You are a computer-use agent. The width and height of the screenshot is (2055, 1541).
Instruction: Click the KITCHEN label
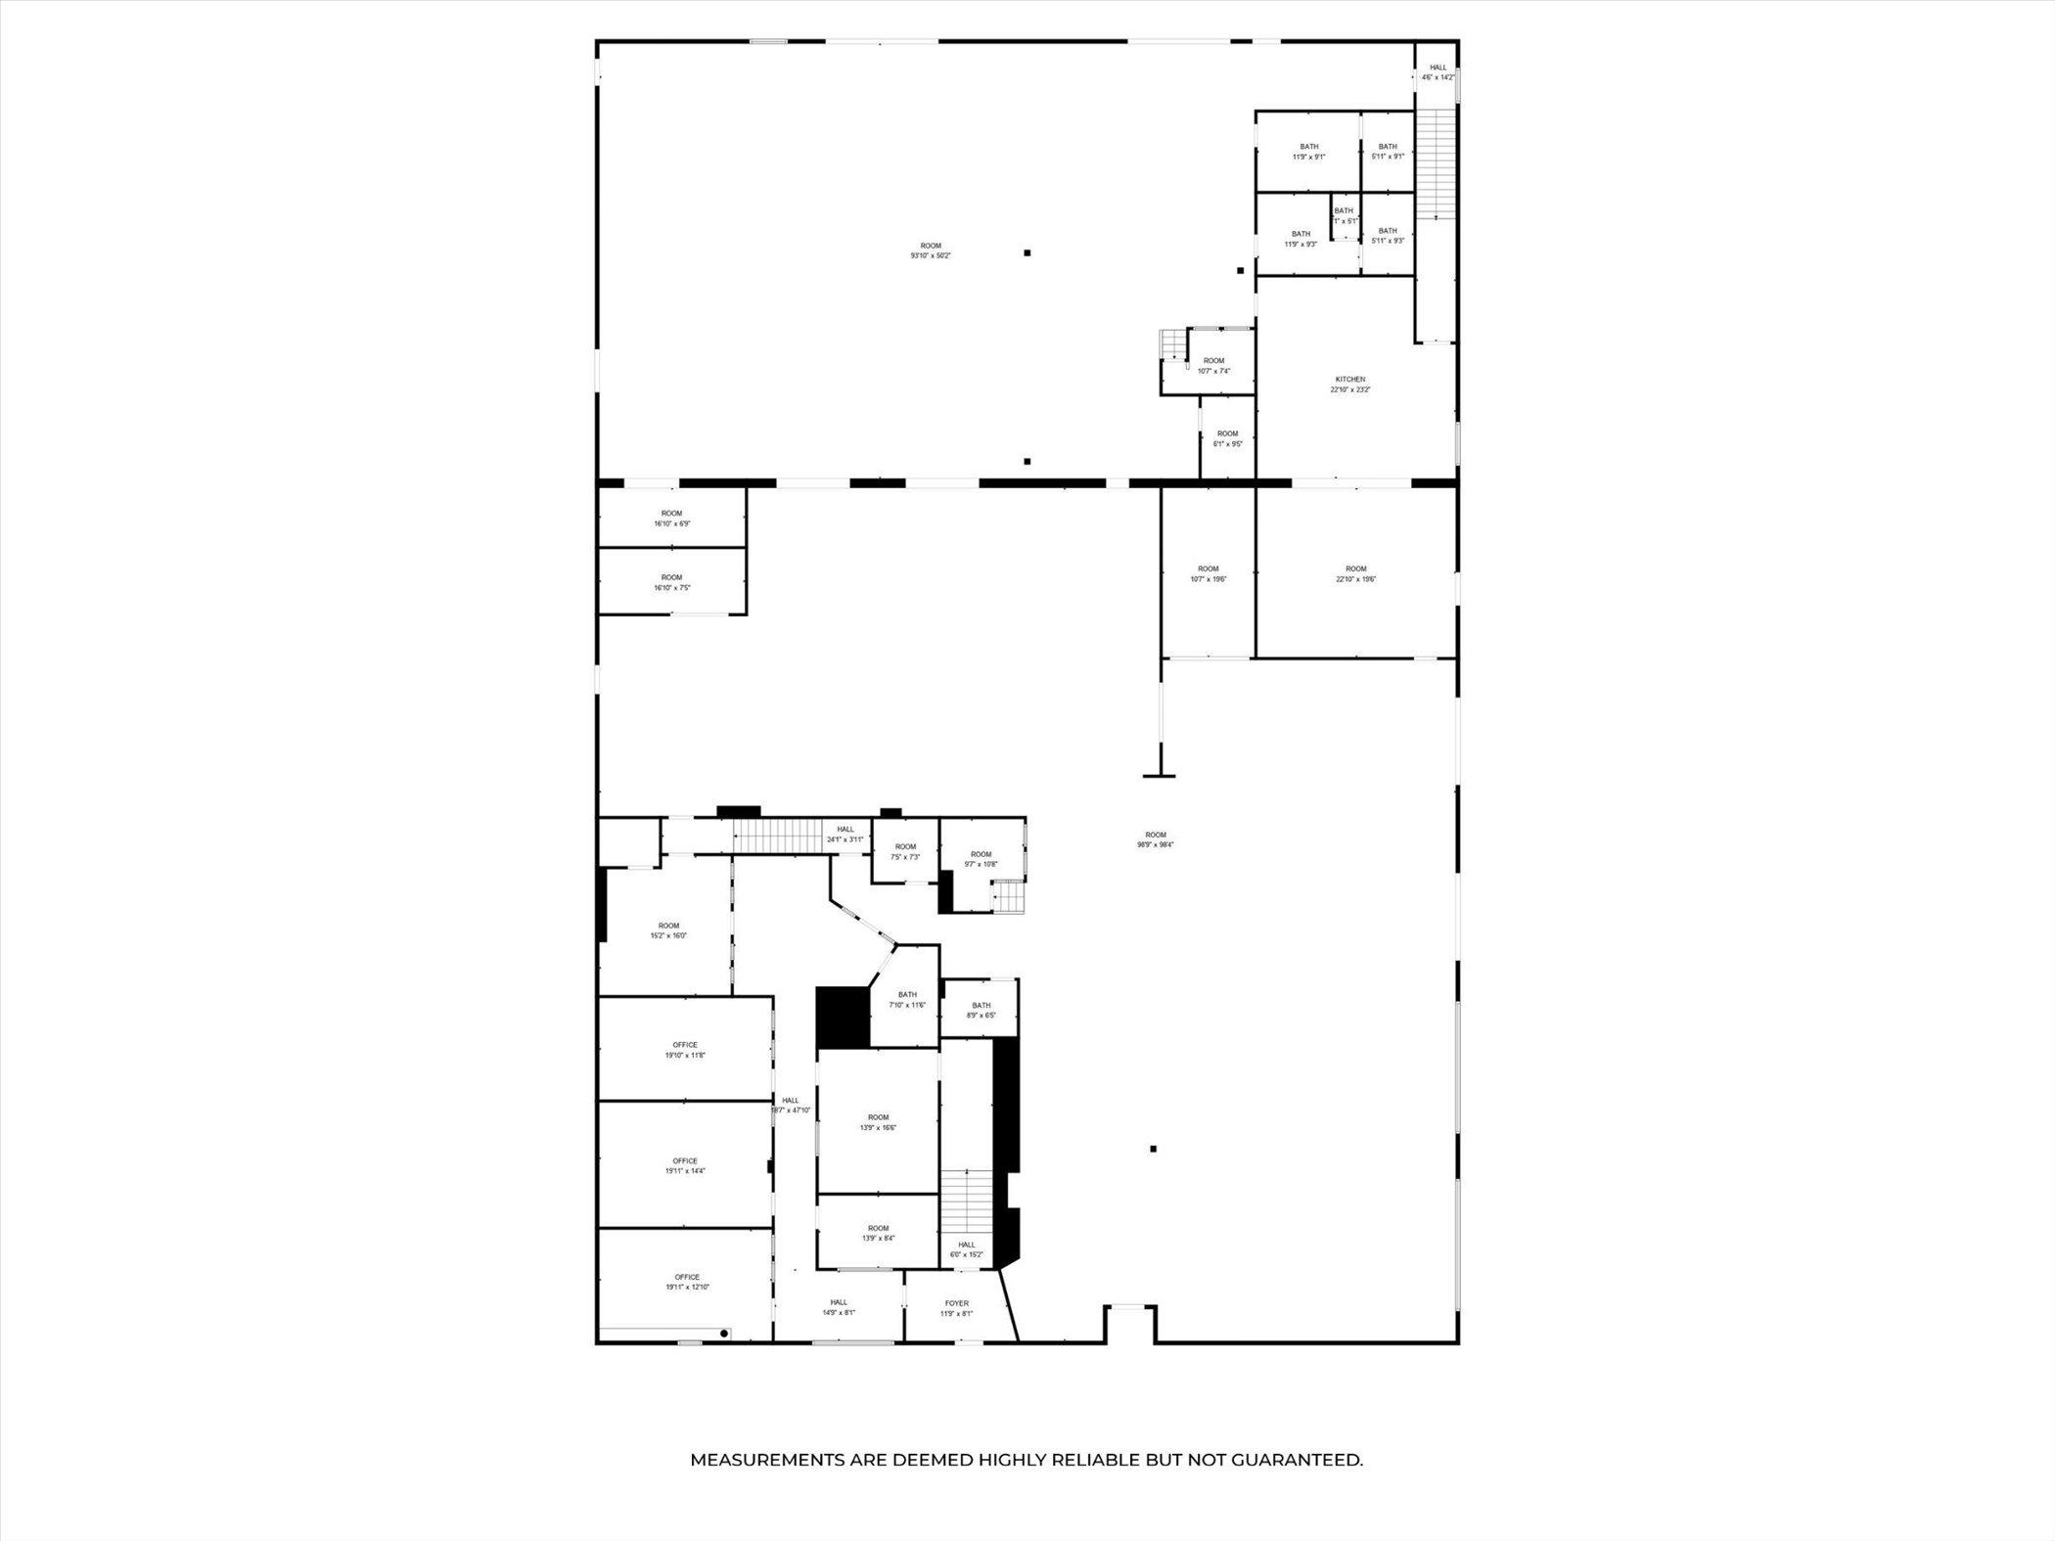(1349, 385)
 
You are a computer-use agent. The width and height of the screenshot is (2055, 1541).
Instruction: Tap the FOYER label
(956, 1308)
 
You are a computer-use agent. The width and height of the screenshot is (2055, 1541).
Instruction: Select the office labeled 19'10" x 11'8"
(685, 1050)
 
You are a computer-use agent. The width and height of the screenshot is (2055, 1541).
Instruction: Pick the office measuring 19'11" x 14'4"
(685, 1165)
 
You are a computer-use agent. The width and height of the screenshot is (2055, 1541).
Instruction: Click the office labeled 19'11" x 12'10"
(687, 1282)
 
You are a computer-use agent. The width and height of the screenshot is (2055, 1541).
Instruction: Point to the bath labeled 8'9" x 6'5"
(981, 1010)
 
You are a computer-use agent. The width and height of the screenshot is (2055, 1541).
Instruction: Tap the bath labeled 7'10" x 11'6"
(907, 1000)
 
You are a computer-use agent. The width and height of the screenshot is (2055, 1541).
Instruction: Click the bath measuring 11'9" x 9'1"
(1308, 152)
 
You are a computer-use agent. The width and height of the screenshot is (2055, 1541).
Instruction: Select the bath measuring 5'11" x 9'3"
(1388, 236)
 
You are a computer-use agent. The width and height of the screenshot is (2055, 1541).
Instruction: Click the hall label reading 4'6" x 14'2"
(1438, 72)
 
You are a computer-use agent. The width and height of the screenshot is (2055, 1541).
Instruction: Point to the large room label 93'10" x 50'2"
(930, 250)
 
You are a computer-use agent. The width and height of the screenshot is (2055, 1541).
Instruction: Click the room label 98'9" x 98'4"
(1155, 839)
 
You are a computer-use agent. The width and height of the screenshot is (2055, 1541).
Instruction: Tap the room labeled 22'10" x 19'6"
(1355, 573)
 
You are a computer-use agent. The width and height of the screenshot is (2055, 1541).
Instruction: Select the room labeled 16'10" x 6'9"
(671, 519)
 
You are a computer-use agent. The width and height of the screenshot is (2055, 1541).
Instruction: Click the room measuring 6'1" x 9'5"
(1227, 438)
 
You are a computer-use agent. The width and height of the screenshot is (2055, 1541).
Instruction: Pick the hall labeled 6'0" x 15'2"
(966, 1249)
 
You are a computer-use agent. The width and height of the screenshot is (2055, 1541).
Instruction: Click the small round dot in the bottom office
(724, 1334)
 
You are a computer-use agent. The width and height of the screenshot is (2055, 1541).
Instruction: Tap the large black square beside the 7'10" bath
(843, 1017)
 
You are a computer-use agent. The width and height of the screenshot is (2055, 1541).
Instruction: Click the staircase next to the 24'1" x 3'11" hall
(778, 837)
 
